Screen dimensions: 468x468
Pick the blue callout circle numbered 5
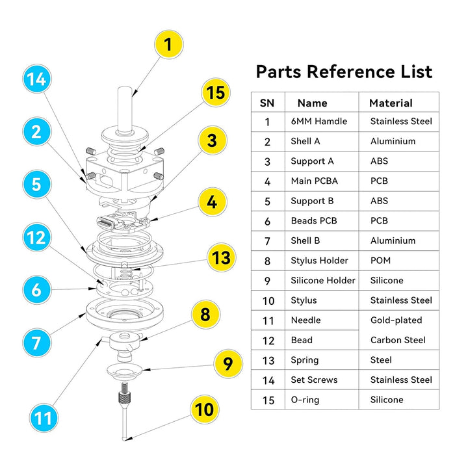point(36,183)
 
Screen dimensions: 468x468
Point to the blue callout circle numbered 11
point(42,417)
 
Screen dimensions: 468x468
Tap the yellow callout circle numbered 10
point(204,409)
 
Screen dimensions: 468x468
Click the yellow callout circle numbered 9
point(226,363)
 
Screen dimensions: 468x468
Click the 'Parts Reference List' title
point(343,71)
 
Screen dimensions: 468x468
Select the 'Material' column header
point(391,103)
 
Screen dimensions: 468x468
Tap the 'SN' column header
point(267,103)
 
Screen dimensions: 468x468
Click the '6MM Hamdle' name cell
point(318,121)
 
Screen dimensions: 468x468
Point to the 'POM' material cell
point(380,261)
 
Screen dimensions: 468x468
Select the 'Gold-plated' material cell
point(396,320)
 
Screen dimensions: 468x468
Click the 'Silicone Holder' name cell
point(323,280)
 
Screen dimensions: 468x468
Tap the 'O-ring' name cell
point(305,400)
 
